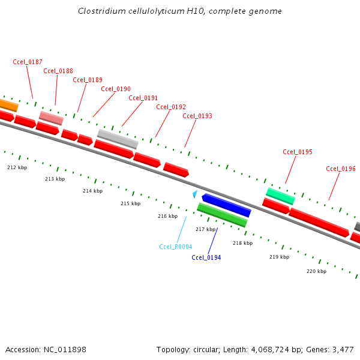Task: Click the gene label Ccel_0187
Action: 28,62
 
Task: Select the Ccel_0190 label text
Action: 116,89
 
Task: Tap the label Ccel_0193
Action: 197,116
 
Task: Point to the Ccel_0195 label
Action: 298,152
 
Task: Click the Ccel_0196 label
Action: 341,169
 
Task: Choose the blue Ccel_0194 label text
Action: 206,257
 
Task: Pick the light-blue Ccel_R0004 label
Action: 176,247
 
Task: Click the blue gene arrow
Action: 226,205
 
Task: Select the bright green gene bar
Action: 222,215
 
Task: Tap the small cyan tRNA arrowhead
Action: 194,194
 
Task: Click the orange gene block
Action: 8,105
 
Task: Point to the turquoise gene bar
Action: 281,195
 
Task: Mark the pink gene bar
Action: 51,118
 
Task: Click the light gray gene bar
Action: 118,139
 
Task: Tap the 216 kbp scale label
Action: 167,216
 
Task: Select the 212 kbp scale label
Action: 17,167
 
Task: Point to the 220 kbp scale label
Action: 316,271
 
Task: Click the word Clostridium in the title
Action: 99,11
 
